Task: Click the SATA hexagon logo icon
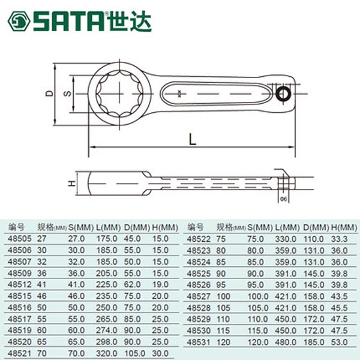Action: click(19, 21)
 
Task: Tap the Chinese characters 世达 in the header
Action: click(130, 21)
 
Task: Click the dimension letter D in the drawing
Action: click(49, 94)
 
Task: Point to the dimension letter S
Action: click(67, 94)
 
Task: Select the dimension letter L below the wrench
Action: click(193, 139)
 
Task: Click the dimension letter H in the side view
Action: click(72, 183)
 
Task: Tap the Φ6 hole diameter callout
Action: click(284, 199)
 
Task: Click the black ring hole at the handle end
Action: click(283, 94)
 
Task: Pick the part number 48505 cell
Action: click(20, 239)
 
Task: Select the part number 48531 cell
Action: click(199, 343)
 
